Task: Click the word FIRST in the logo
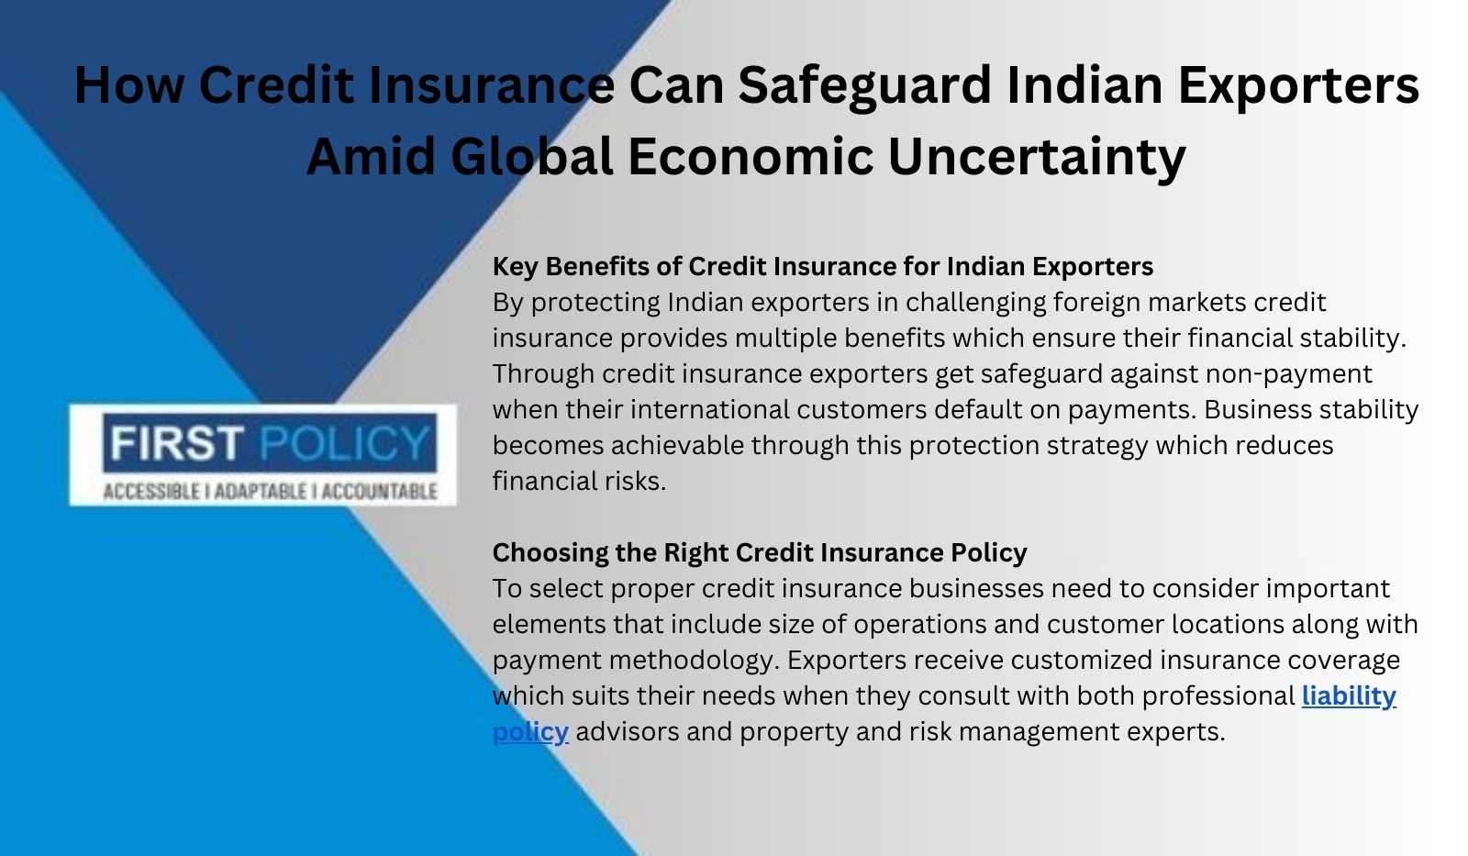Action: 177,443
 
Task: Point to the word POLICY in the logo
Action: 345,443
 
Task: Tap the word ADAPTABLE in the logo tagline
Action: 261,492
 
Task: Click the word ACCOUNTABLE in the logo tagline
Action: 379,492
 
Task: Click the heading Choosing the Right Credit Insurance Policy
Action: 760,553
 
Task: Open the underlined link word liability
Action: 1349,696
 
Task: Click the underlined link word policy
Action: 530,732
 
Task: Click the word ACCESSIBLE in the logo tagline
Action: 151,492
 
